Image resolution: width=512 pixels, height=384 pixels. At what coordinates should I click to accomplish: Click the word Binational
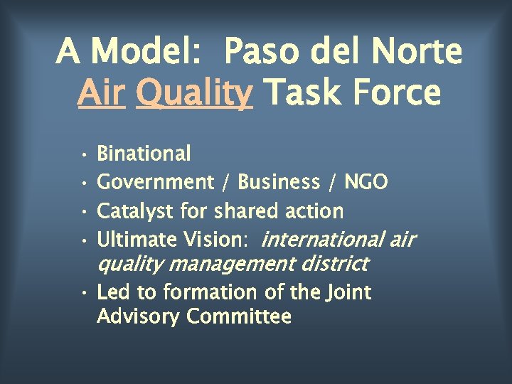click(144, 154)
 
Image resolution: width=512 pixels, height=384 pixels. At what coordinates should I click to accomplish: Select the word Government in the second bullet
click(155, 183)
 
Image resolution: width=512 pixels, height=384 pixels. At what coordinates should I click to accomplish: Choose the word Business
click(279, 183)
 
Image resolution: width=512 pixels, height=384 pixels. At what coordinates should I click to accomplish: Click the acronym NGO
click(366, 183)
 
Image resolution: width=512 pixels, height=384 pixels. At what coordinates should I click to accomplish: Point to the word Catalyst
click(136, 211)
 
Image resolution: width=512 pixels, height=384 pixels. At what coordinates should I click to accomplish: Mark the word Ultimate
click(136, 240)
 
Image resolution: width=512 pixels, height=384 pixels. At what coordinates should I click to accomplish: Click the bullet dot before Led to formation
click(84, 293)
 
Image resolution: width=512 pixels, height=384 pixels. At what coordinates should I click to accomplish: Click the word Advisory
click(139, 316)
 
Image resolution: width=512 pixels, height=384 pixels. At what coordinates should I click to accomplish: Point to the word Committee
click(239, 316)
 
